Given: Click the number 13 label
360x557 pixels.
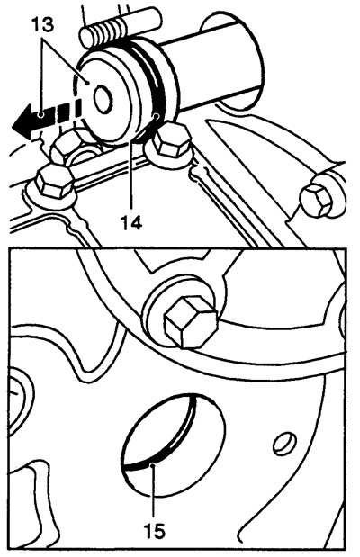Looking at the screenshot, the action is (x=43, y=24).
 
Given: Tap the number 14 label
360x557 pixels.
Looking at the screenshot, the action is (x=131, y=223).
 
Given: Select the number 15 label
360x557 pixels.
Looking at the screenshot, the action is (x=155, y=531).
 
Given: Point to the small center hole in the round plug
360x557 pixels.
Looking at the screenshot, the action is (x=103, y=99).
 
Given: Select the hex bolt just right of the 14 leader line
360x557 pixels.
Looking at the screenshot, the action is (x=168, y=139).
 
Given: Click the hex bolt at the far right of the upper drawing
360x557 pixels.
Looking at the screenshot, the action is (x=316, y=200).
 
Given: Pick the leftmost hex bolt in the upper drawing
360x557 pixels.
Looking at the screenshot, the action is (x=54, y=182).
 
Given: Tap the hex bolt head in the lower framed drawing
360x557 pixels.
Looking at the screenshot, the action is (x=191, y=322).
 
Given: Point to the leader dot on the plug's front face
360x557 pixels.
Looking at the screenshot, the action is (x=88, y=83).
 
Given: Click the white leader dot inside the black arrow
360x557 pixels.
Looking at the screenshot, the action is (x=41, y=114).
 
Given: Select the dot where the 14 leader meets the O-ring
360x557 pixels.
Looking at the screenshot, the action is (x=156, y=116).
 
